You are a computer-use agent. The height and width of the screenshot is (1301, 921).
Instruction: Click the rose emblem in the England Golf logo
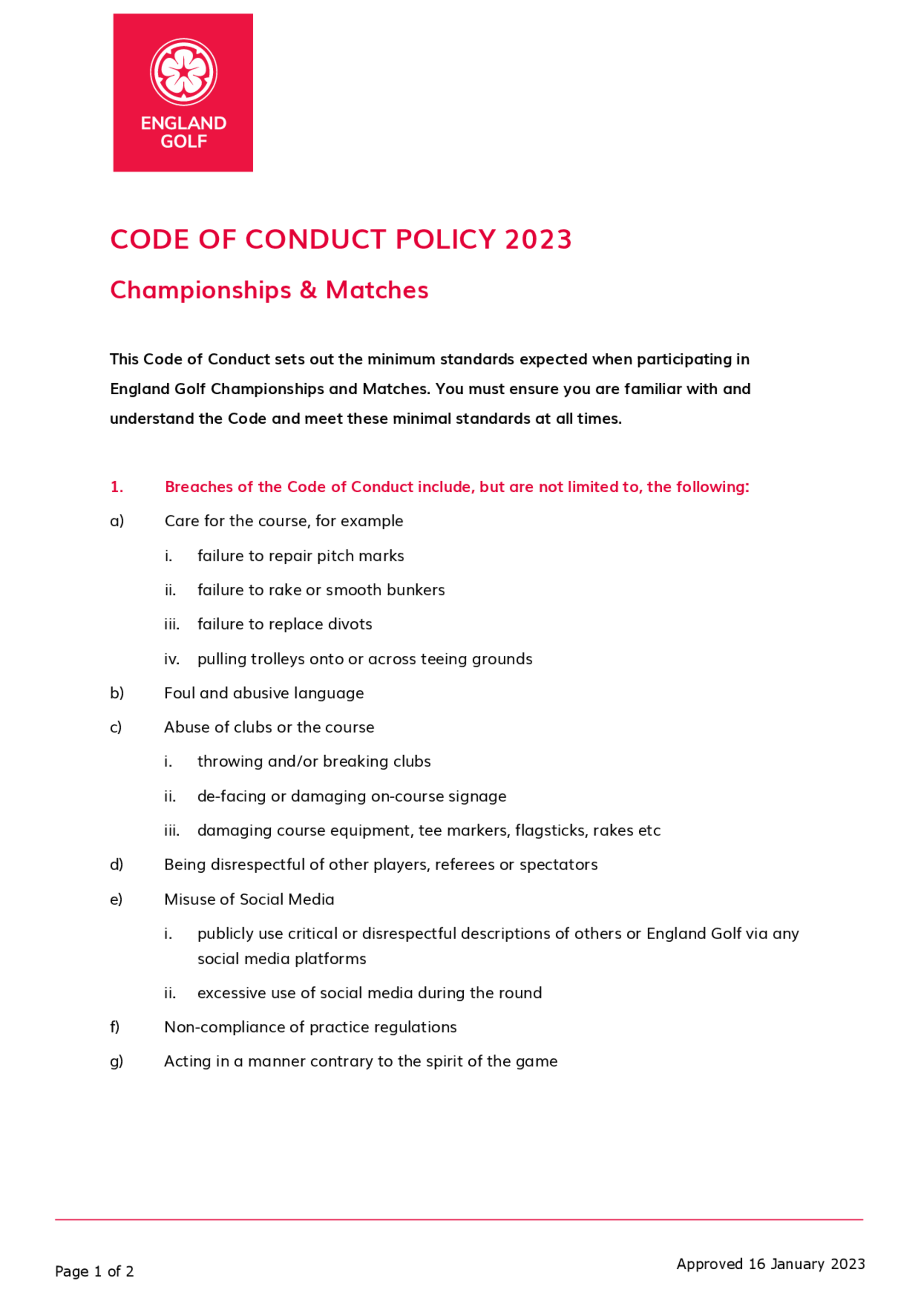tap(183, 71)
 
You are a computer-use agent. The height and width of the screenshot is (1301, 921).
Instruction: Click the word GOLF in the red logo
tap(183, 141)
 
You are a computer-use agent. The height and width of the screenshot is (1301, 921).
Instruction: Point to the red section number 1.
tap(116, 487)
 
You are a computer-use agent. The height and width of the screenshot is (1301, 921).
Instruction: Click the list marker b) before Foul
tap(117, 693)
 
